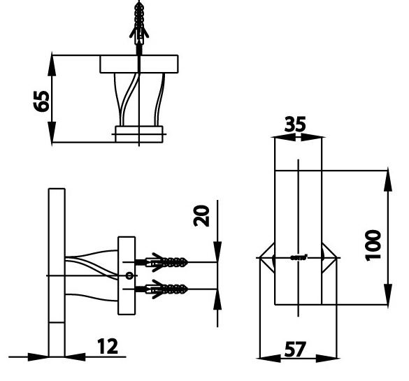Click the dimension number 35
pos(296,125)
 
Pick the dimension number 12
pos(108,346)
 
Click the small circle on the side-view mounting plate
pos(128,275)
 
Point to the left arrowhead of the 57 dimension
pos(264,359)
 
